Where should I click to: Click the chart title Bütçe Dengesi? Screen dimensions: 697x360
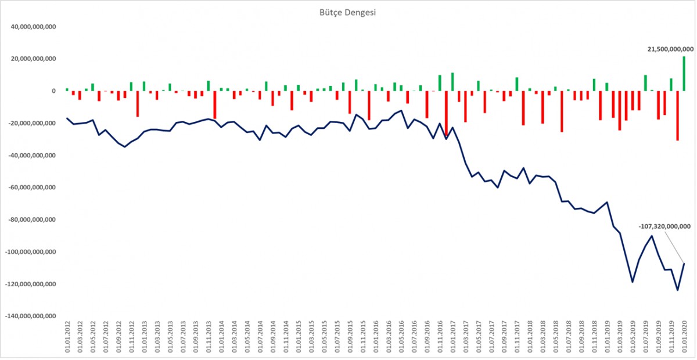[347, 13]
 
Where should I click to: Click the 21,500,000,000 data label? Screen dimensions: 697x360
[670, 49]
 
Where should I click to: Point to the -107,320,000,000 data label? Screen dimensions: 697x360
[664, 226]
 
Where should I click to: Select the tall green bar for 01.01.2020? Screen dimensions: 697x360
[684, 74]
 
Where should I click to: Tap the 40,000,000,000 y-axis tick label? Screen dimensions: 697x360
[33, 27]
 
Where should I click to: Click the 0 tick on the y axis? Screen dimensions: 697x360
[54, 91]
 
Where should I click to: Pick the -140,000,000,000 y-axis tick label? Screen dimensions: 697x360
[30, 316]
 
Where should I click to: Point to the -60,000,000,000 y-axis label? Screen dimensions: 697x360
[32, 188]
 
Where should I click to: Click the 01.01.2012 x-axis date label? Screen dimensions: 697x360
[67, 337]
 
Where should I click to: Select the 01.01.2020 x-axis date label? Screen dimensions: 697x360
[684, 337]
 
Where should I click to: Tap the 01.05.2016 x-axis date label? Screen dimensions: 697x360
[401, 337]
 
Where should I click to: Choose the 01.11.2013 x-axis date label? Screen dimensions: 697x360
[209, 337]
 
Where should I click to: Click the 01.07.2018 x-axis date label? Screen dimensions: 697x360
[569, 337]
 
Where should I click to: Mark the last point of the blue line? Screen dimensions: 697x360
[684, 264]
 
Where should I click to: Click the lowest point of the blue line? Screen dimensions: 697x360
[677, 290]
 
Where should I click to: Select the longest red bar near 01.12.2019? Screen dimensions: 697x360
[677, 116]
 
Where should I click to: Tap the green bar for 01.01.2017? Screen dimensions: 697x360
[452, 82]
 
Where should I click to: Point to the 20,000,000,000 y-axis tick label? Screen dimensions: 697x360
[33, 59]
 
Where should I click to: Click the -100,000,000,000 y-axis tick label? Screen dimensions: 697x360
[30, 252]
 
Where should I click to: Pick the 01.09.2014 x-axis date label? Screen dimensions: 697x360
[273, 337]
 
